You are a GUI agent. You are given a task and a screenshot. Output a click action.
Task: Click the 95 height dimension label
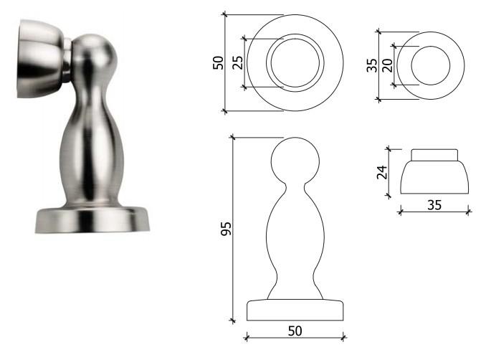pos(226,229)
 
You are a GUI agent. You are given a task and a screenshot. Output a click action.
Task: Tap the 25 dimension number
pos(238,62)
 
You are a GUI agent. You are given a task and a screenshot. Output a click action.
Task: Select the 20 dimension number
pos(387,65)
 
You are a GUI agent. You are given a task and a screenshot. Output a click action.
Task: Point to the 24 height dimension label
pos(382,172)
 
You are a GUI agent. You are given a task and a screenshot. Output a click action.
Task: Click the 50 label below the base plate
pos(295,331)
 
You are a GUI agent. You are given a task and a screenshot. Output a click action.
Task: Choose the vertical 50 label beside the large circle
pos(218,62)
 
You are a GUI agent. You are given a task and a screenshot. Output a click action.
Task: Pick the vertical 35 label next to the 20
pos(372,65)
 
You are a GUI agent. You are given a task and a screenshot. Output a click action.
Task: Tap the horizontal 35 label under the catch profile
pos(434,205)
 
